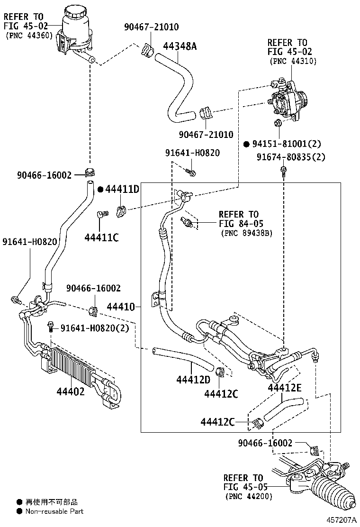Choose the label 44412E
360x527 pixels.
pyautogui.click(x=284, y=388)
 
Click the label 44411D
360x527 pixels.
pyautogui.click(x=122, y=190)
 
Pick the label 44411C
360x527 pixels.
pyautogui.click(x=101, y=237)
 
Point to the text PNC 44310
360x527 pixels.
pyautogui.click(x=293, y=61)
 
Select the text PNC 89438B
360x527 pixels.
pyautogui.click(x=246, y=233)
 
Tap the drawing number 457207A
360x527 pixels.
pyautogui.click(x=341, y=520)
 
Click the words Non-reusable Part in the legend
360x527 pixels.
pyautogui.click(x=54, y=511)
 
